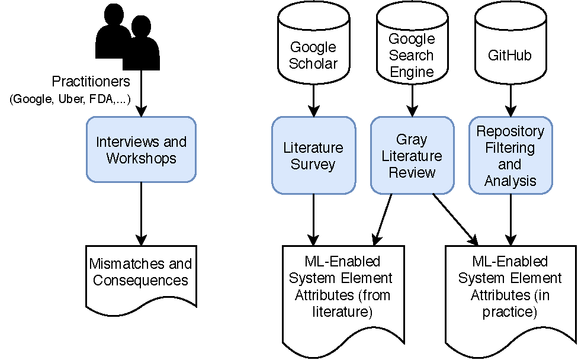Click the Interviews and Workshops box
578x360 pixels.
[141, 150]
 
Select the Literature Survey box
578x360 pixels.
[313, 155]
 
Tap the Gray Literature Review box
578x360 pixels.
[412, 155]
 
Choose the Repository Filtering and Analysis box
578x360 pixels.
[510, 155]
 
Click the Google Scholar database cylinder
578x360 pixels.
[313, 47]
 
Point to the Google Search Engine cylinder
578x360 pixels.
[412, 47]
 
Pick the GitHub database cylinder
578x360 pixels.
[510, 47]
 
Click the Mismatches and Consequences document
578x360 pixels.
[141, 275]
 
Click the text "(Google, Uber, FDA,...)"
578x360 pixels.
[70, 98]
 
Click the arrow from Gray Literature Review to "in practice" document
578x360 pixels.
[455, 219]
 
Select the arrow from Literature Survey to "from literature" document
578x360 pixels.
[313, 219]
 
